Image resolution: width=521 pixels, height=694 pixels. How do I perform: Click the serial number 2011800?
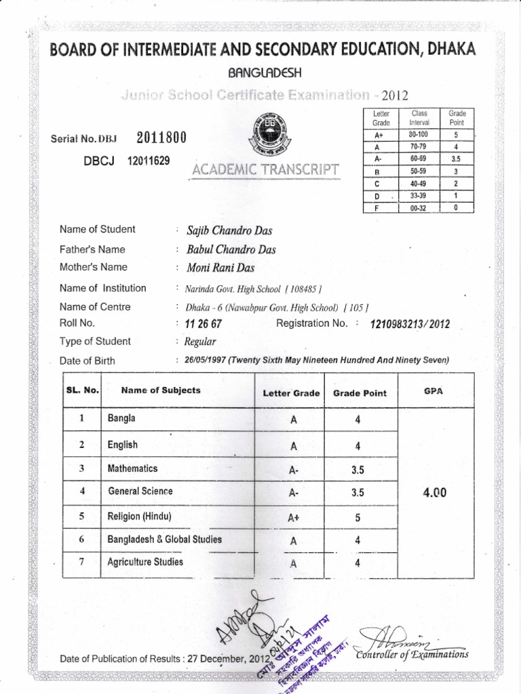(161, 138)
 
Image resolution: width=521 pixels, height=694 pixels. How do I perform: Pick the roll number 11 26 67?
(198, 324)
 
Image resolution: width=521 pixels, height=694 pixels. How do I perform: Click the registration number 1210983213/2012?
(409, 325)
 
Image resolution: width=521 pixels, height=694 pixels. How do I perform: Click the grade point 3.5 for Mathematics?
(358, 469)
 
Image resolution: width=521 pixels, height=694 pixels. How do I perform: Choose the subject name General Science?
(140, 491)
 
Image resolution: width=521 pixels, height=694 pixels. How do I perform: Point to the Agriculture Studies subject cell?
(145, 562)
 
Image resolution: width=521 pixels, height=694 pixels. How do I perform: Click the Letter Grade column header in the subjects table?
(291, 393)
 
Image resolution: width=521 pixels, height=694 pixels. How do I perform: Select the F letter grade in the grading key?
(376, 208)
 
